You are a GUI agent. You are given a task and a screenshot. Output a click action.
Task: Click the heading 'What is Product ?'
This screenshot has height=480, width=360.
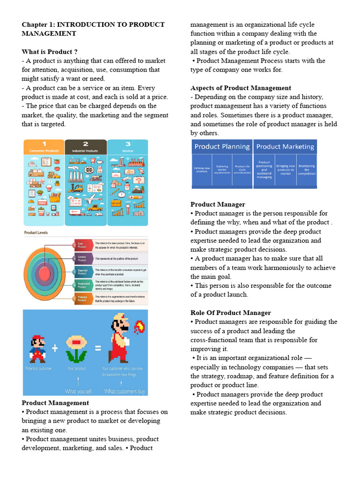click(50, 52)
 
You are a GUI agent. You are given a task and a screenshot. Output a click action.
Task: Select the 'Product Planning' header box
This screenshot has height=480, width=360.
click(222, 147)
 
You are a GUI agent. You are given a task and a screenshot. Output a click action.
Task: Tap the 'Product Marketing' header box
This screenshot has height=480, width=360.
click(285, 147)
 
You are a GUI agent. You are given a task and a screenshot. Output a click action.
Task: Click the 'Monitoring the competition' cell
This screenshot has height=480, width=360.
click(307, 170)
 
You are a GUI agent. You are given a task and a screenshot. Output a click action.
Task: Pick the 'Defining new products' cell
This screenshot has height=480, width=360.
click(202, 170)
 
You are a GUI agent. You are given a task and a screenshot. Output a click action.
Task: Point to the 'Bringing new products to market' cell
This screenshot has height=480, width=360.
click(285, 170)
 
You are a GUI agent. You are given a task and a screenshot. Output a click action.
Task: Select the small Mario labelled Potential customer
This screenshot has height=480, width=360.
click(37, 349)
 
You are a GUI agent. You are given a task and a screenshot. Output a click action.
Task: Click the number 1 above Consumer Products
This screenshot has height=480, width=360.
click(44, 144)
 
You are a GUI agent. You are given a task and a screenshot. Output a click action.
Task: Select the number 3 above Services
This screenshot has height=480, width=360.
click(127, 144)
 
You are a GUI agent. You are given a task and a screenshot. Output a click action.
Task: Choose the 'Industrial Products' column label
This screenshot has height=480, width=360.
click(85, 151)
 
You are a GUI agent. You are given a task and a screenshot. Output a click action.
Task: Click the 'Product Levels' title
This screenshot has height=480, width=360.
click(36, 232)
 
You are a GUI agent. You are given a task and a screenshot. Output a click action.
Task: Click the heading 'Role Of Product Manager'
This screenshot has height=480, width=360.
click(231, 313)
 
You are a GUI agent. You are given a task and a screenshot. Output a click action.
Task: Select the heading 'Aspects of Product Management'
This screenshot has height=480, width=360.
click(240, 88)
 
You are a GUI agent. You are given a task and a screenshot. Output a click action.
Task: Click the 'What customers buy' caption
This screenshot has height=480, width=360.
click(125, 391)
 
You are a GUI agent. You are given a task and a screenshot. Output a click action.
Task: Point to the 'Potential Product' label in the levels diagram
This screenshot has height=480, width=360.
click(82, 299)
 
